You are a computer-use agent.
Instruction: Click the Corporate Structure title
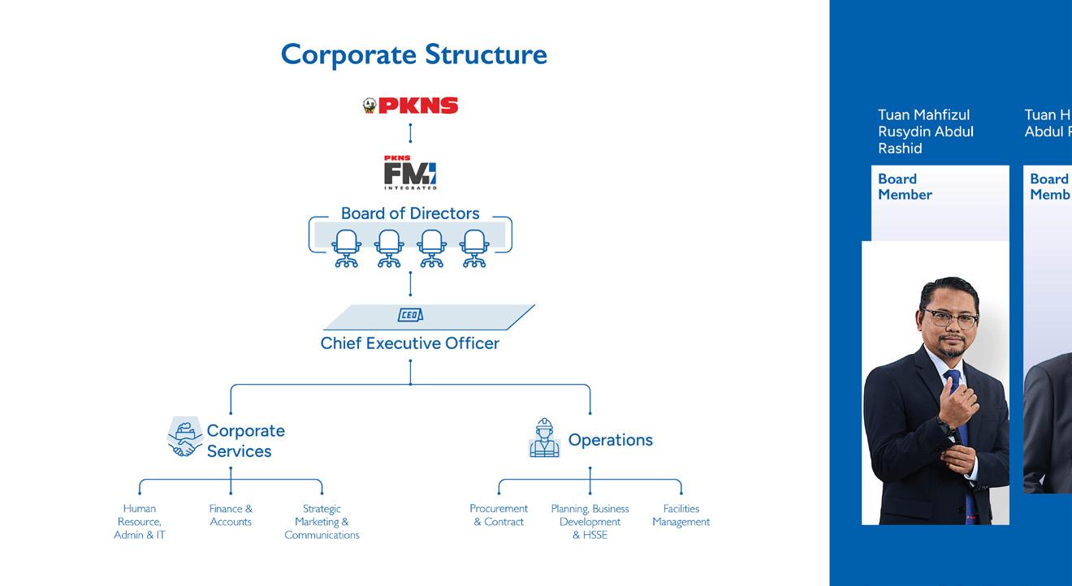(x=413, y=54)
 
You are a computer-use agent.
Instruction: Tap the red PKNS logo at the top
(x=411, y=106)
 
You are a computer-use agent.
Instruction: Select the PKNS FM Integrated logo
(x=410, y=172)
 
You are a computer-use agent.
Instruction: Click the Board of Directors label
(x=410, y=213)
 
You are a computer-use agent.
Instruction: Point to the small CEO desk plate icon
(x=410, y=315)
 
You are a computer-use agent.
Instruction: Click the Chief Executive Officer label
(x=410, y=343)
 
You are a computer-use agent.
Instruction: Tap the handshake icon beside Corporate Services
(x=184, y=438)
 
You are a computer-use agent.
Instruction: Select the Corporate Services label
(x=245, y=441)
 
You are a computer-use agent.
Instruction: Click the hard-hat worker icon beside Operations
(x=544, y=438)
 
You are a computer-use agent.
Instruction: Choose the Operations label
(x=610, y=440)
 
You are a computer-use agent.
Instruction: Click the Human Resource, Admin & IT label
(x=140, y=522)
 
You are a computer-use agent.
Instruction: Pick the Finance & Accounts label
(x=231, y=515)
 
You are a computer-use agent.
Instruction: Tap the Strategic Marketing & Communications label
(x=322, y=522)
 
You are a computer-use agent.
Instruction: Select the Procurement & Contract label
(x=499, y=515)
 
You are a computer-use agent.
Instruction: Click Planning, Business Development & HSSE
(x=590, y=522)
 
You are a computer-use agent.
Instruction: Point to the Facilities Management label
(x=681, y=515)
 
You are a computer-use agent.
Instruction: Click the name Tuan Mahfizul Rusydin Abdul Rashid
(x=925, y=131)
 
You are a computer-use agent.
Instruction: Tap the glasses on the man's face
(x=949, y=317)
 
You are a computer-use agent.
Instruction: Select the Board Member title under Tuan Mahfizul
(x=905, y=187)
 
